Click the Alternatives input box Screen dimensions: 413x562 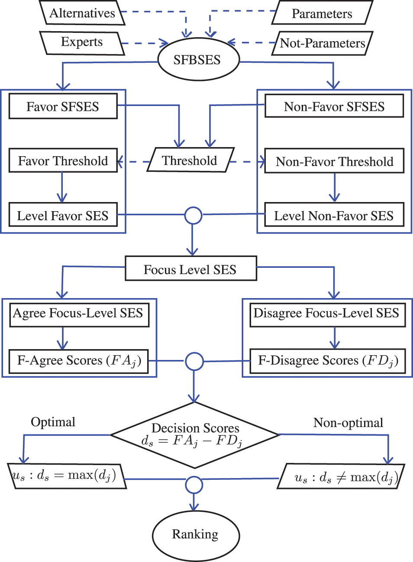(x=82, y=13)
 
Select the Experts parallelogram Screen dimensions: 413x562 (x=82, y=43)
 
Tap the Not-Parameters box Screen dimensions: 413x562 (x=323, y=43)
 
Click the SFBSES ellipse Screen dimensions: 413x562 (x=198, y=59)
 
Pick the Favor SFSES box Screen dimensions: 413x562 (x=63, y=106)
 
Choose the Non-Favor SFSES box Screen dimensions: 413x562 (x=334, y=106)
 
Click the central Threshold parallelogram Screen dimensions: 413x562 (x=190, y=160)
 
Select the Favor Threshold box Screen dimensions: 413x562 (x=63, y=161)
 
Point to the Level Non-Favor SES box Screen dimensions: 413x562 (x=334, y=215)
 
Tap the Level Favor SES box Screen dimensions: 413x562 (x=63, y=215)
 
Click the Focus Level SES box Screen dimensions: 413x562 (x=191, y=268)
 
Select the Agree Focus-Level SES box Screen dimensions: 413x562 (x=79, y=315)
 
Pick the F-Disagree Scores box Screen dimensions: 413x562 (x=328, y=361)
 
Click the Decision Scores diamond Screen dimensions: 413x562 (x=194, y=435)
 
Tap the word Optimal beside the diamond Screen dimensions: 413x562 (x=53, y=422)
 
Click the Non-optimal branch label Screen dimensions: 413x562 (x=348, y=423)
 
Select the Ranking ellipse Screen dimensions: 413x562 (x=196, y=535)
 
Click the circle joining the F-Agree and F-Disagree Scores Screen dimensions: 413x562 (x=194, y=361)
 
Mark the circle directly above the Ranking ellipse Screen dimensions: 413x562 (x=194, y=485)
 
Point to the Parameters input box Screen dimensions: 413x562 (x=323, y=13)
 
